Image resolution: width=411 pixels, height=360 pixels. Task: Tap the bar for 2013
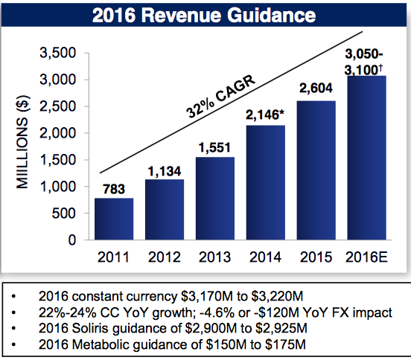point(215,199)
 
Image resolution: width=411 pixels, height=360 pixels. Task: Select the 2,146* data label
point(267,115)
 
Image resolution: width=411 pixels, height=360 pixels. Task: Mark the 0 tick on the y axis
point(72,240)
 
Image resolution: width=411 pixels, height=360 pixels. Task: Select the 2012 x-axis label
point(165,257)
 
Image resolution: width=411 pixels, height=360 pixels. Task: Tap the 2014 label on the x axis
point(265,257)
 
